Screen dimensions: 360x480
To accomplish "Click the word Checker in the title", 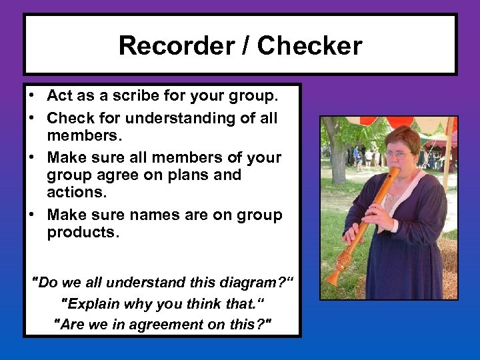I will tap(309, 46).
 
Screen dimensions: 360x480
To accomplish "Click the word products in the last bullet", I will tap(80, 232).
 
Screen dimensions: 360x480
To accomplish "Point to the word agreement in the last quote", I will tap(158, 325).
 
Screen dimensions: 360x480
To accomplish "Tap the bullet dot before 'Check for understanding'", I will tap(32, 119).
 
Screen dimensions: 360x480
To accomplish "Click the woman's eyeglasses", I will tap(397, 154).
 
